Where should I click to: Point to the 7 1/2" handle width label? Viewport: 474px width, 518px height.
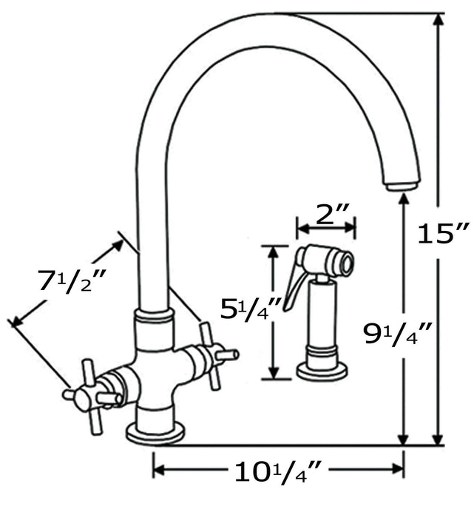tap(72, 281)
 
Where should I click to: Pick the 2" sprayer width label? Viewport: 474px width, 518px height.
tap(326, 215)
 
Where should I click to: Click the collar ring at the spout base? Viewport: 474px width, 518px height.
tap(155, 319)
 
